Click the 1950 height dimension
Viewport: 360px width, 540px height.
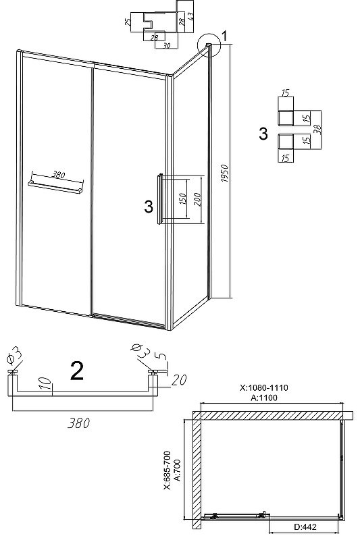tap(224, 173)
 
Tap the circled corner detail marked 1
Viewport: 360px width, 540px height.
tap(209, 45)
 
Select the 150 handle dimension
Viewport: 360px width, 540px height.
tap(182, 198)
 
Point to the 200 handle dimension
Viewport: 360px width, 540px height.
tap(197, 199)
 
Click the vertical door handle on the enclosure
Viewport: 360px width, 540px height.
tap(160, 198)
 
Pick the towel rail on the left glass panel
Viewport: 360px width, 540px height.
tap(56, 186)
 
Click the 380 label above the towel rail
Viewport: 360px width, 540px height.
tap(58, 175)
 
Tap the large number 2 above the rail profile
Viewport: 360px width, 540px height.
tap(76, 371)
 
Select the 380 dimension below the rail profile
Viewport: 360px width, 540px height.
tap(78, 423)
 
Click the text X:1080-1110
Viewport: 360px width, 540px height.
tap(264, 387)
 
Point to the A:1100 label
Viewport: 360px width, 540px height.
tap(264, 398)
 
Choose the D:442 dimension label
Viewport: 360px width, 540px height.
tap(305, 526)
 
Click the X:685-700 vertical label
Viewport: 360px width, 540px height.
tap(167, 470)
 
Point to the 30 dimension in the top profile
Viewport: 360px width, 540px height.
tap(166, 46)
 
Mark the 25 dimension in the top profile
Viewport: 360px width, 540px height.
tap(128, 22)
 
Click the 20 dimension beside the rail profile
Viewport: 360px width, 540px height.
tap(179, 379)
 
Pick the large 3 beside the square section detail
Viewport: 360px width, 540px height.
tap(263, 133)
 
